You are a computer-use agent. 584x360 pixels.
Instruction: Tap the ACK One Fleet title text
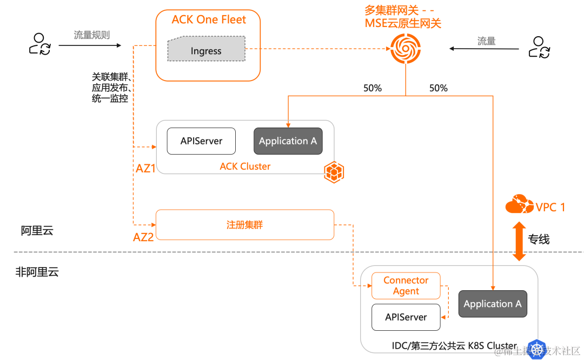tap(209, 20)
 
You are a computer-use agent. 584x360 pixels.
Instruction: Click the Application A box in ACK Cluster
tap(288, 141)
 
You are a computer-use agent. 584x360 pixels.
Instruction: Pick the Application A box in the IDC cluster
tap(493, 304)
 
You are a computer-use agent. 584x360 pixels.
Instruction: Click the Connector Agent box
tap(406, 285)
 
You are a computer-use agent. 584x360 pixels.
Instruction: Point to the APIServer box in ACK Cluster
tap(201, 141)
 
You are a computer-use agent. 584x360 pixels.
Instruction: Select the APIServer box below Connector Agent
tap(406, 317)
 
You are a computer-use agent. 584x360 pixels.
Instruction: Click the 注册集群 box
tap(244, 225)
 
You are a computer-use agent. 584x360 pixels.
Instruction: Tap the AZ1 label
tap(145, 168)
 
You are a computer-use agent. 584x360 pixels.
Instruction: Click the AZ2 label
tap(143, 237)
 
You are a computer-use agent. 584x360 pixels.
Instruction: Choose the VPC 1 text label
tap(550, 207)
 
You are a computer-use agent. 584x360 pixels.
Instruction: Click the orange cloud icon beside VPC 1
tap(518, 205)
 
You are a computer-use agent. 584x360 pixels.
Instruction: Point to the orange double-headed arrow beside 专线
tap(519, 241)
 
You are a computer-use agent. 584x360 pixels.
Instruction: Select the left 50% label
tap(373, 88)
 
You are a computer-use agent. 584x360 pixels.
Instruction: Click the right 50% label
tap(438, 88)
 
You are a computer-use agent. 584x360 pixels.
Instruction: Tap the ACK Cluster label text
tap(245, 166)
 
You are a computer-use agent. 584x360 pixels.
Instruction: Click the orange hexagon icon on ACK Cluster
tap(334, 172)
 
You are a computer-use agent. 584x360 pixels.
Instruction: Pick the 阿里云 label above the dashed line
tap(37, 231)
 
